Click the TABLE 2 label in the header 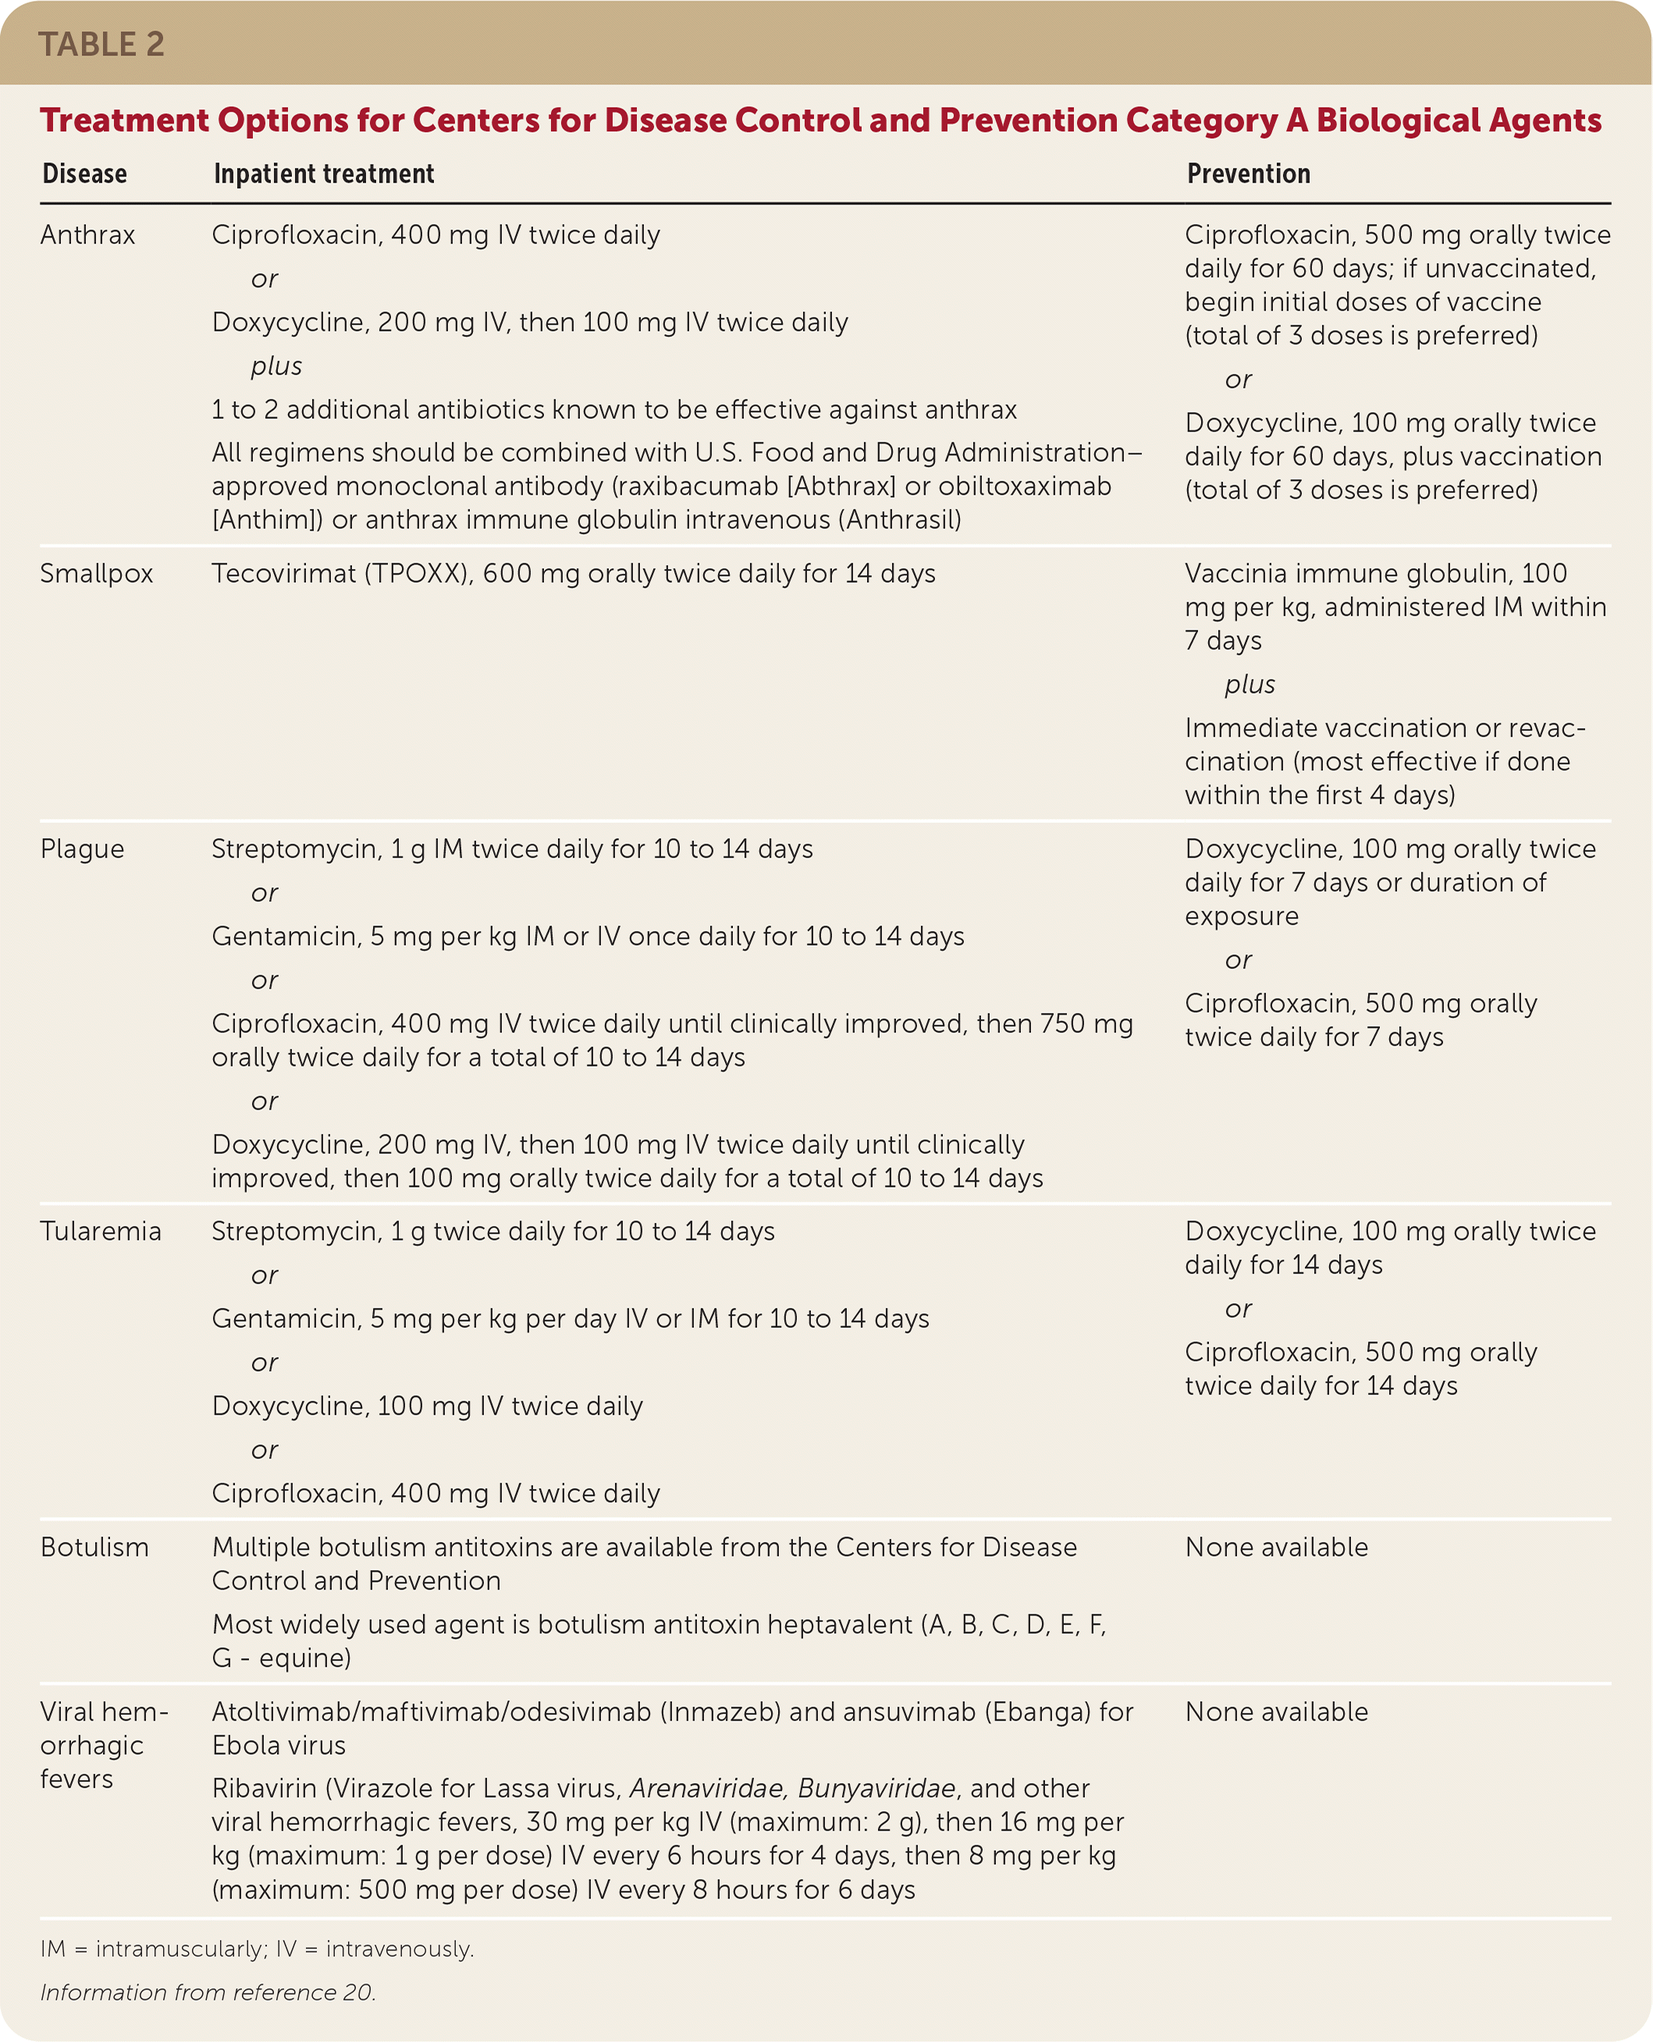coord(101,44)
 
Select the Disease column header coord(85,174)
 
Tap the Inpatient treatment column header coord(324,174)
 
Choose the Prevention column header coord(1248,174)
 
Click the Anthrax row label coord(87,235)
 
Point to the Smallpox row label coord(96,574)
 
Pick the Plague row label coord(82,849)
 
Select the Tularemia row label coord(101,1232)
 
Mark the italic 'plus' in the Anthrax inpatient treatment coord(276,367)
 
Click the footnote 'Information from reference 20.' coord(208,1993)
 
